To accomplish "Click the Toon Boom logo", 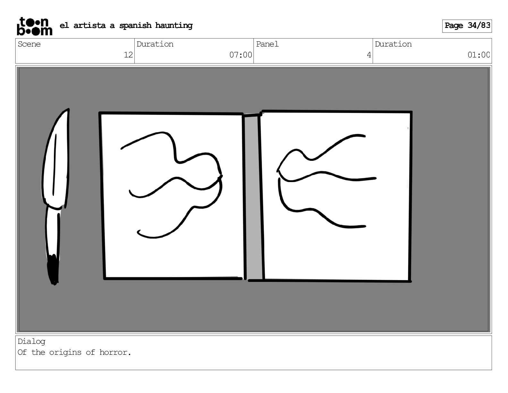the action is (35, 26).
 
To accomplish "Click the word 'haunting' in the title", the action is (174, 25).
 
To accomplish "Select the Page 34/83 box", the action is (467, 26).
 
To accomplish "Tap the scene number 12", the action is (128, 55).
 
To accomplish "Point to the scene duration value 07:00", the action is (241, 55).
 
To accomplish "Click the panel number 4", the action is (369, 55).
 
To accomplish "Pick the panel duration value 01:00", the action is (478, 55).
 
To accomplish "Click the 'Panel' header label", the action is (267, 44).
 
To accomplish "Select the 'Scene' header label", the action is (29, 44).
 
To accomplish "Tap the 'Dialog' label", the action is (31, 342).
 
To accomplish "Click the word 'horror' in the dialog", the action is (114, 352).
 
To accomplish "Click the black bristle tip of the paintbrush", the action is (53, 269).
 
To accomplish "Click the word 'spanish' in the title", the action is (135, 25).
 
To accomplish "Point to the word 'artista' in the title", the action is (89, 25).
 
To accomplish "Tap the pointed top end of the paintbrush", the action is (68, 109).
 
